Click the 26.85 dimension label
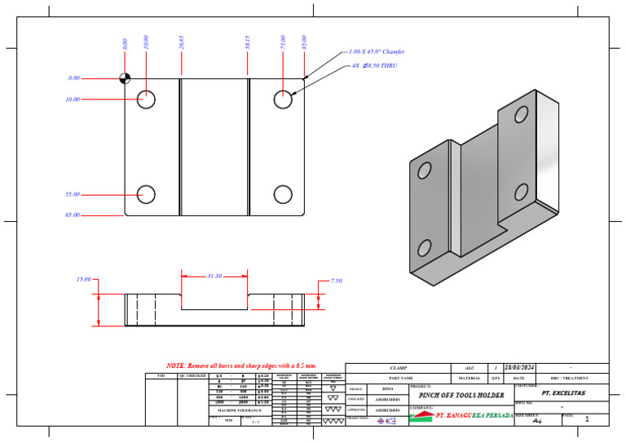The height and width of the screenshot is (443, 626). coord(181,42)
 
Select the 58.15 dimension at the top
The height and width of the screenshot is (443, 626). coord(248,42)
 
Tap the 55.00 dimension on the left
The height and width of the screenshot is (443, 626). coord(73,195)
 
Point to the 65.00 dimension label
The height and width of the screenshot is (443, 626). coord(73,215)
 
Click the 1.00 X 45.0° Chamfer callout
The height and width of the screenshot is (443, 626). coord(376,52)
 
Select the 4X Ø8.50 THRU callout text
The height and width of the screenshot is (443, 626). coord(374,65)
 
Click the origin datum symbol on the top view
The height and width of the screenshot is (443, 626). coord(125,78)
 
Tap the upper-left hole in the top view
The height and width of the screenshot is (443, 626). coord(146,100)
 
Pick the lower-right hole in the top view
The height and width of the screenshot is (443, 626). coord(283,194)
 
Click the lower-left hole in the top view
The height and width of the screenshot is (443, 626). coord(146,194)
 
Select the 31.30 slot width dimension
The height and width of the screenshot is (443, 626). coord(214,277)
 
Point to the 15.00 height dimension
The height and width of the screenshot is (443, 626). coord(84,280)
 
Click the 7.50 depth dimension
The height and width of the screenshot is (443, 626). coord(336,281)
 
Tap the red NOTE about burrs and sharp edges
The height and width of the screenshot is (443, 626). coord(242,366)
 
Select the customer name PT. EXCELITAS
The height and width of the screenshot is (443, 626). coord(563,393)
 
